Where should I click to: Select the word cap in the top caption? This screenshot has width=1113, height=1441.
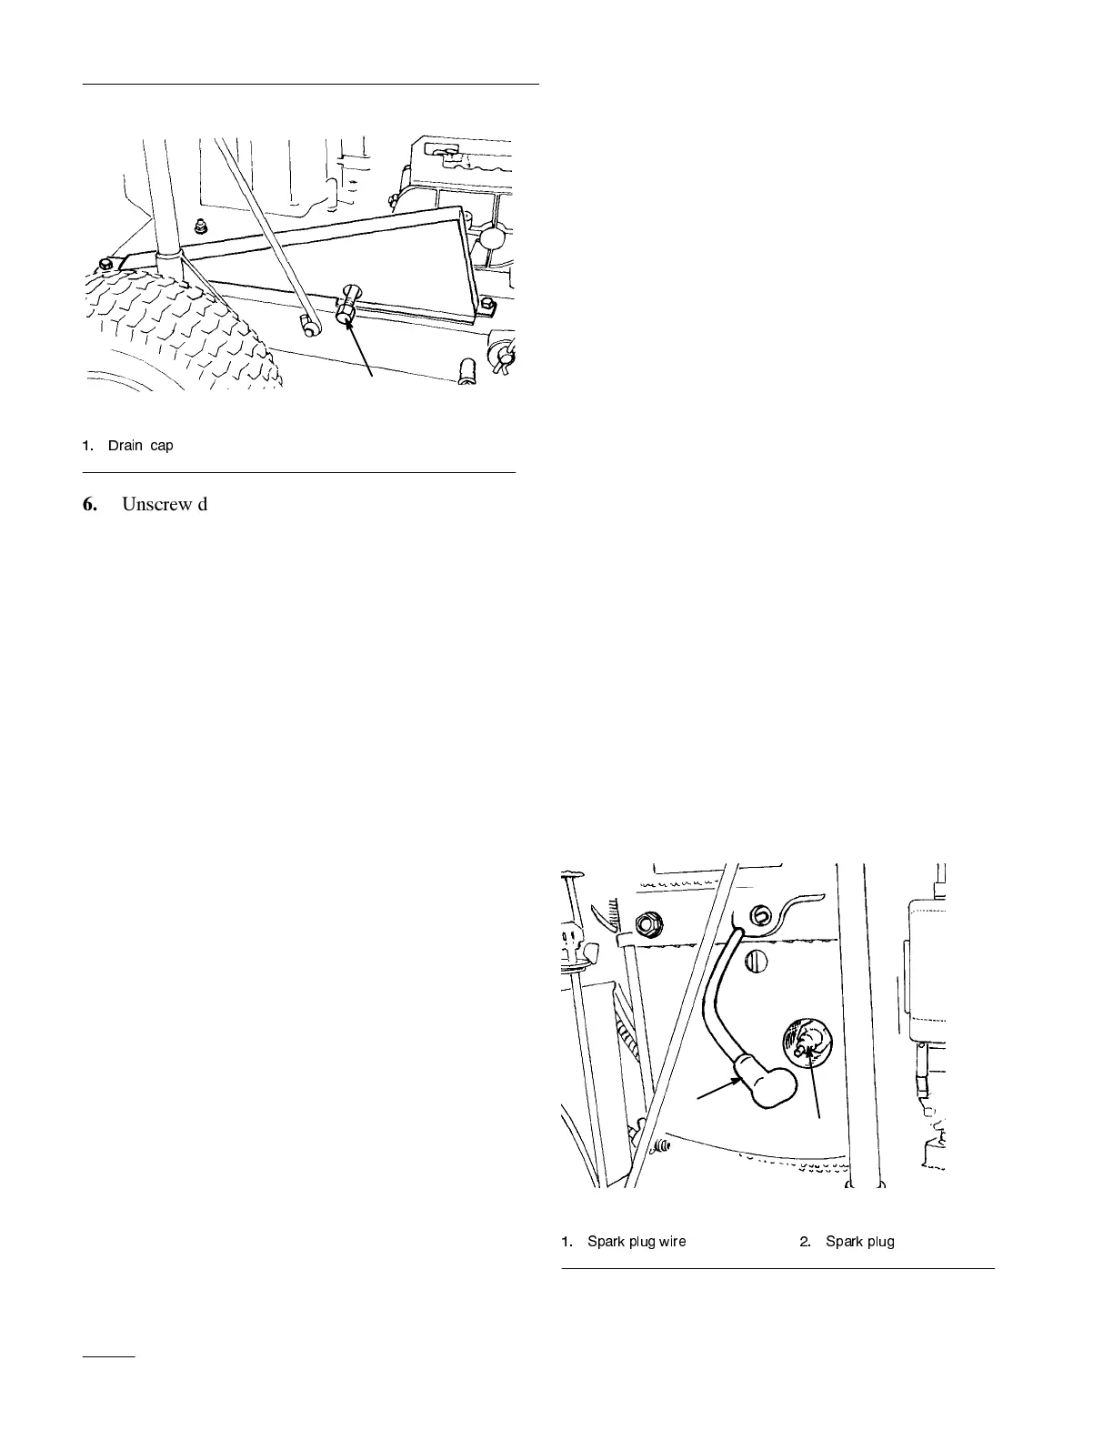(162, 446)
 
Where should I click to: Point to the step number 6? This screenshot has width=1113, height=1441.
(91, 504)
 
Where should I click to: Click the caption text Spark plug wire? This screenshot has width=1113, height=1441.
(637, 1241)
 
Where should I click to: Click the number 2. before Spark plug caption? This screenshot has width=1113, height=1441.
(806, 1241)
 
